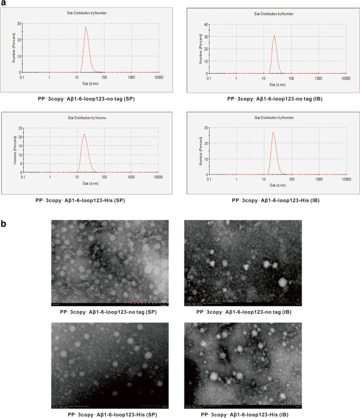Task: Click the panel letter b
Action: pyautogui.click(x=5, y=224)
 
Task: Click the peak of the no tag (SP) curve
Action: pyautogui.click(x=86, y=28)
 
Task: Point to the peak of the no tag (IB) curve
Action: pyautogui.click(x=274, y=36)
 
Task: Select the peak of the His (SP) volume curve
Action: pyautogui.click(x=84, y=134)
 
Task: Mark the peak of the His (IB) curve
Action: pyautogui.click(x=273, y=132)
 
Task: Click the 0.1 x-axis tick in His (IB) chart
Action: pyautogui.click(x=209, y=179)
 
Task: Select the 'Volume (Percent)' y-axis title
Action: pyautogui.click(x=14, y=150)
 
